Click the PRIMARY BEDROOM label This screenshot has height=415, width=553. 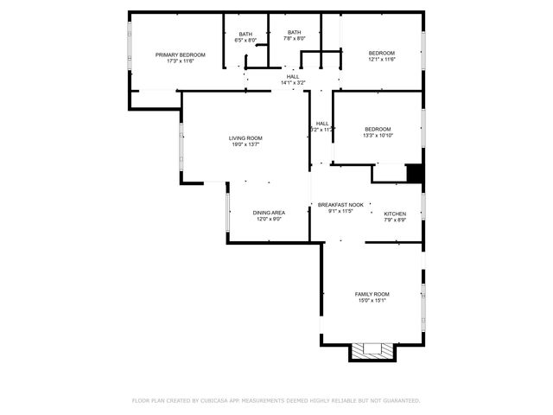pyautogui.click(x=181, y=54)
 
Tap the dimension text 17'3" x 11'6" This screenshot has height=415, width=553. pyautogui.click(x=181, y=61)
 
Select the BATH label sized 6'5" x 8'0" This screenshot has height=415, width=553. pyautogui.click(x=246, y=35)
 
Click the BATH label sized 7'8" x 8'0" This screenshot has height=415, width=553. pyautogui.click(x=296, y=32)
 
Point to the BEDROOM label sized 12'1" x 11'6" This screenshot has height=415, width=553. pyautogui.click(x=381, y=53)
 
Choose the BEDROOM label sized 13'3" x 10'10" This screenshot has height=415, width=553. pyautogui.click(x=378, y=129)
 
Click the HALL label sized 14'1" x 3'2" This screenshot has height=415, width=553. pyautogui.click(x=294, y=77)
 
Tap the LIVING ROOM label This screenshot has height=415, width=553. pyautogui.click(x=245, y=138)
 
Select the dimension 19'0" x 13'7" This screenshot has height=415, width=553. pyautogui.click(x=245, y=144)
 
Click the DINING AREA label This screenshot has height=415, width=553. pyautogui.click(x=269, y=213)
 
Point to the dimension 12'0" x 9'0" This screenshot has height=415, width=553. pyautogui.click(x=269, y=219)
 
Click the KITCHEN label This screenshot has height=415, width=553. pyautogui.click(x=395, y=214)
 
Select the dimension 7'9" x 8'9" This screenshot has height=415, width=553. pyautogui.click(x=395, y=220)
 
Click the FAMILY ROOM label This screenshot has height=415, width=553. pyautogui.click(x=372, y=294)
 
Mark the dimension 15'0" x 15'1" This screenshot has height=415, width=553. pyautogui.click(x=372, y=300)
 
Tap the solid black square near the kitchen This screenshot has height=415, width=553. pyautogui.click(x=415, y=173)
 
